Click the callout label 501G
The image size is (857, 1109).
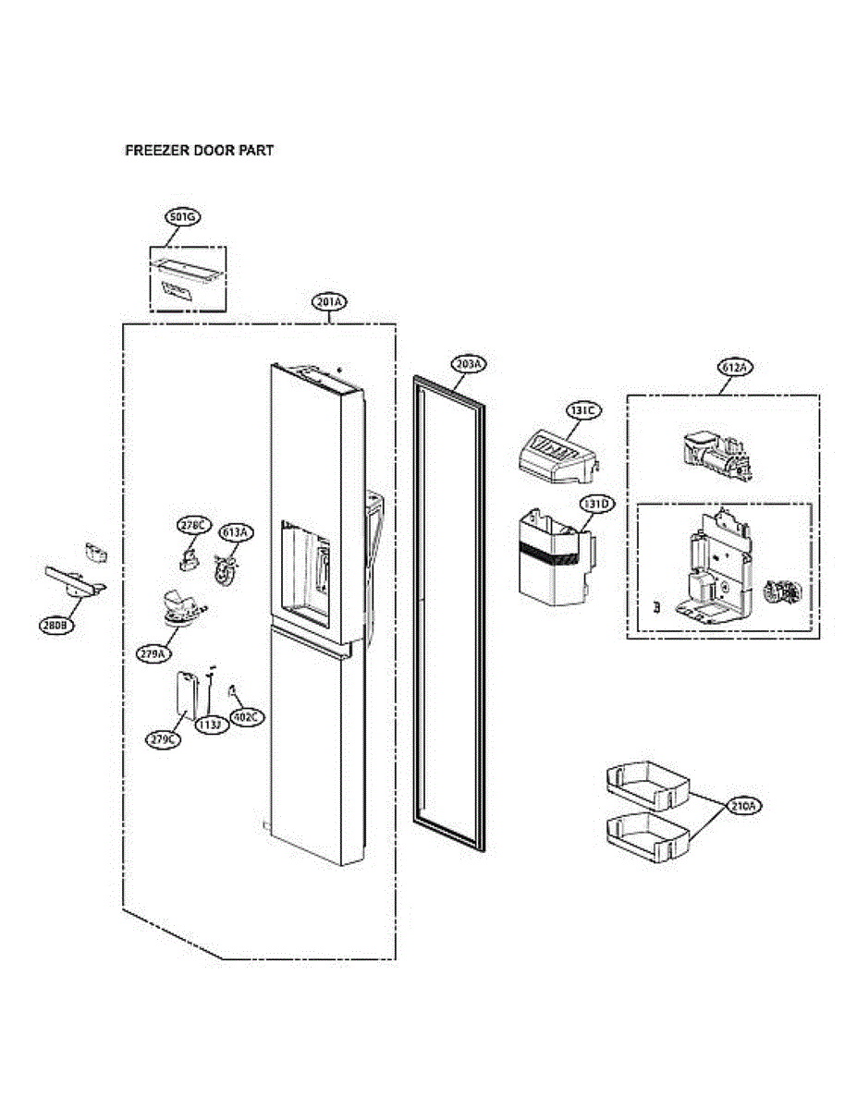[x=182, y=217]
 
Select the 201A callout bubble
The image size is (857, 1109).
[x=329, y=302]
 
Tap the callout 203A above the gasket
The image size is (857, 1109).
[x=469, y=363]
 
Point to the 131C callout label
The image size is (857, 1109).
[x=583, y=408]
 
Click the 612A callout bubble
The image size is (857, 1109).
[x=734, y=367]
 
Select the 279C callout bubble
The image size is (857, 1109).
[x=162, y=739]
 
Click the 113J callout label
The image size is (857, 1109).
[x=209, y=725]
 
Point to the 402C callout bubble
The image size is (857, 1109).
[x=247, y=717]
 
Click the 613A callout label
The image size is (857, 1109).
[x=235, y=532]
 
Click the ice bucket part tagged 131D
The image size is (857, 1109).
[x=553, y=559]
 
